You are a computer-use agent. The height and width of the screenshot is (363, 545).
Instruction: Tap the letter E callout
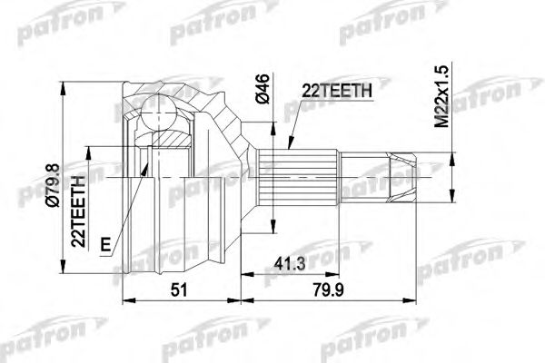click(x=106, y=244)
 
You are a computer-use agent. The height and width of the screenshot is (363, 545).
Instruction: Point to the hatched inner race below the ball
click(x=167, y=142)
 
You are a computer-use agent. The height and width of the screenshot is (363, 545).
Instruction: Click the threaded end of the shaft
click(x=402, y=176)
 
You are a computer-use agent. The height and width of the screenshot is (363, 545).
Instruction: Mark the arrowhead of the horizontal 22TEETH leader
click(x=288, y=146)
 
